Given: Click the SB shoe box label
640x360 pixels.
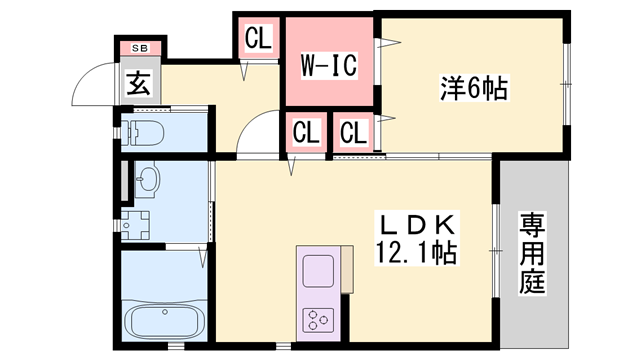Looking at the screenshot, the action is coord(140,48).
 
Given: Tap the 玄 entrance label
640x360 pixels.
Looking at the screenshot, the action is coord(139,83).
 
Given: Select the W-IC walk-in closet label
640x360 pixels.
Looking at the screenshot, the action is coord(329,65).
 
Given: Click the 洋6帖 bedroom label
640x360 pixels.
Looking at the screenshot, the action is coord(474,88).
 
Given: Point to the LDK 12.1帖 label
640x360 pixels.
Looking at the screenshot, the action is coord(417,238).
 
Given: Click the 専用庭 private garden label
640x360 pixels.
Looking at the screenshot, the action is coord(532,252).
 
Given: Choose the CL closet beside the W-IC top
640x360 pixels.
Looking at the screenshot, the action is coord(258,38).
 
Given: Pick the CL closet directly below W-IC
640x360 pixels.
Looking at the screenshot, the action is coord(306,132).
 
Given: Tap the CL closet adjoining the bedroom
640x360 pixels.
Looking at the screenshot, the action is coord(353,133).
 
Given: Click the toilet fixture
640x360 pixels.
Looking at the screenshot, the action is coord(144,133).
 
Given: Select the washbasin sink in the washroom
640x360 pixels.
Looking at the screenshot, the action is coord(147,180).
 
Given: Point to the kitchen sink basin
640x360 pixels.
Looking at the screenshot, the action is coord(318,271).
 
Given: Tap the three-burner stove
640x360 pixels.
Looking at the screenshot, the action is coord(318,320).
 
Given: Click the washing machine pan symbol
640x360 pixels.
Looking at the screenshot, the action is coord(136,225).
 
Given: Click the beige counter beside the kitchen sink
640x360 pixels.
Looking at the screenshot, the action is coord(347,269).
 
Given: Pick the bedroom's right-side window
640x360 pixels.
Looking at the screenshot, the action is coord(567,84).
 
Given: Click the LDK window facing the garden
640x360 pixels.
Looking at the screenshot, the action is coord(496,250).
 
